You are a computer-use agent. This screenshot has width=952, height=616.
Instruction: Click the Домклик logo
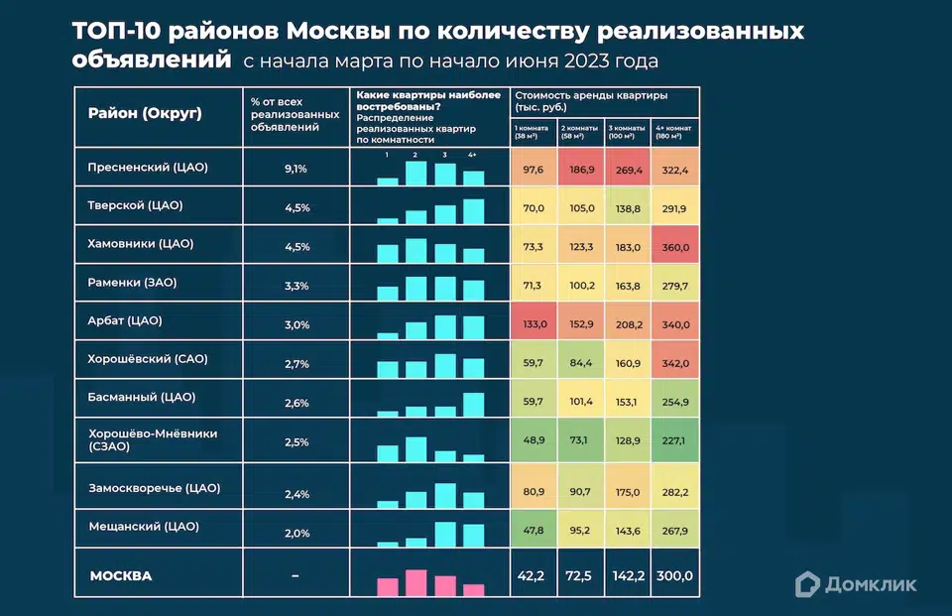click(858, 583)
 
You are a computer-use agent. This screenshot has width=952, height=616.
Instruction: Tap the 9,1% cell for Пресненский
click(296, 169)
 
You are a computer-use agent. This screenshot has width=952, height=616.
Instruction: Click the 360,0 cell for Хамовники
click(675, 246)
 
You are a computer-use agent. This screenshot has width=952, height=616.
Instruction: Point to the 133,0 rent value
click(535, 323)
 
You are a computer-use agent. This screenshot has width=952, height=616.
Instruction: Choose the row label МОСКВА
click(121, 576)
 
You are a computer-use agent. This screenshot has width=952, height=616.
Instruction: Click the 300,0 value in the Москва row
click(675, 576)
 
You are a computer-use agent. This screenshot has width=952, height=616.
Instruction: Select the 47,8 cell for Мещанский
click(535, 531)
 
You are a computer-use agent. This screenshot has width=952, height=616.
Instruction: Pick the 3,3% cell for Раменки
click(296, 286)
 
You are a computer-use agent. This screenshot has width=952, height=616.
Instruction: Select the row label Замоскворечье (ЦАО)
click(154, 488)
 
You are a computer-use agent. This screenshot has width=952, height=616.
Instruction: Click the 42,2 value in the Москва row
click(535, 576)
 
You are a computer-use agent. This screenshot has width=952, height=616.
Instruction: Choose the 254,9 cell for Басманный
click(675, 402)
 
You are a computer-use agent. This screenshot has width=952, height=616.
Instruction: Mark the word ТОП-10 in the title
click(113, 31)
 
